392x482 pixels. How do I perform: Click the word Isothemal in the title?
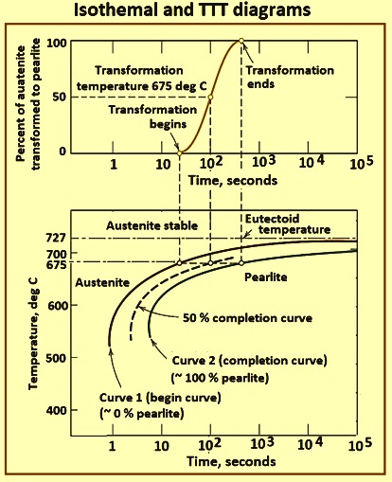click(x=115, y=9)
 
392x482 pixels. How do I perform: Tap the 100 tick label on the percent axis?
click(x=57, y=43)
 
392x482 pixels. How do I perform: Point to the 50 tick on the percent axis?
click(x=60, y=97)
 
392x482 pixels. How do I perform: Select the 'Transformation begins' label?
click(x=152, y=116)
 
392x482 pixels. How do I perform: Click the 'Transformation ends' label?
click(x=290, y=77)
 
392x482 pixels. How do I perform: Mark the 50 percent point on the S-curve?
click(x=210, y=97)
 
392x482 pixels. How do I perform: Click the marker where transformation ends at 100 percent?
click(x=241, y=41)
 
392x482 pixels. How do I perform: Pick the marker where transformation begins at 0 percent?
click(x=180, y=153)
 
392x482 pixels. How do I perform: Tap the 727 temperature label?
click(x=56, y=238)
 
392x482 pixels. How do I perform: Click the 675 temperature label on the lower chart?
click(x=56, y=264)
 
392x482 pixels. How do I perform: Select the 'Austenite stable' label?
click(x=152, y=225)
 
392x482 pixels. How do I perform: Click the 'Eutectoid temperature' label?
click(x=288, y=224)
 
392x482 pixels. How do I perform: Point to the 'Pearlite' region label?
click(x=266, y=277)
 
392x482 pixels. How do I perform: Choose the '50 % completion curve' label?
click(x=247, y=318)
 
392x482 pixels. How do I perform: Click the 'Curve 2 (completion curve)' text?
click(x=249, y=361)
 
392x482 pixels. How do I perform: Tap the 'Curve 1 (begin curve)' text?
click(x=160, y=398)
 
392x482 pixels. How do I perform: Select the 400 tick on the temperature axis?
click(x=57, y=410)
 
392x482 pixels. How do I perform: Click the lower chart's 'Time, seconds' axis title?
click(x=231, y=461)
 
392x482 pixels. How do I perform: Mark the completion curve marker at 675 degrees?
click(x=241, y=262)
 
